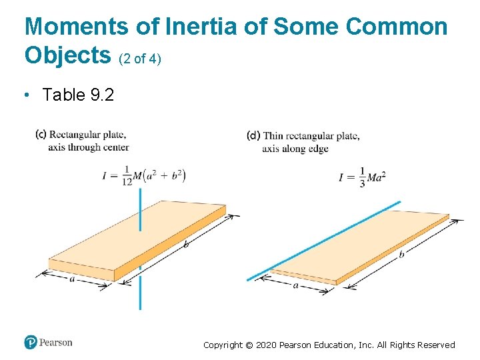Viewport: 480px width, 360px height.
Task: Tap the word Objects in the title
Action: tap(67, 55)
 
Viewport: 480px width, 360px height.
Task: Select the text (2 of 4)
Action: tap(140, 59)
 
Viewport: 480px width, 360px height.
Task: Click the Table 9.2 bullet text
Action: tap(78, 95)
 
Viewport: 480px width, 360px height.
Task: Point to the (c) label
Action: tap(41, 135)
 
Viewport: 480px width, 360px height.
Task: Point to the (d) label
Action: tap(253, 136)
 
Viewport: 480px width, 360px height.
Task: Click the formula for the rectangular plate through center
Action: tap(144, 176)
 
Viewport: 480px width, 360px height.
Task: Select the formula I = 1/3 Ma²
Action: tap(363, 177)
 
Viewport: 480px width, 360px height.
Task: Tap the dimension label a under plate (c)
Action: tap(72, 279)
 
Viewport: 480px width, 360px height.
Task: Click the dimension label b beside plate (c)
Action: tap(186, 245)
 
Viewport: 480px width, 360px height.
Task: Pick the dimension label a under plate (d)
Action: tap(295, 285)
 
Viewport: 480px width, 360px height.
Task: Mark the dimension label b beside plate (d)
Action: tap(401, 254)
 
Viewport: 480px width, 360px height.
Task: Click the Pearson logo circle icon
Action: tap(31, 343)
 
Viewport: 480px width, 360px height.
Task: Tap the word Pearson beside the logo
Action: tap(56, 343)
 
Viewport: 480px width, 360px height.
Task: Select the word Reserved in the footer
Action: tap(434, 345)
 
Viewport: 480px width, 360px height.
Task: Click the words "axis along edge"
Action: tap(295, 149)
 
